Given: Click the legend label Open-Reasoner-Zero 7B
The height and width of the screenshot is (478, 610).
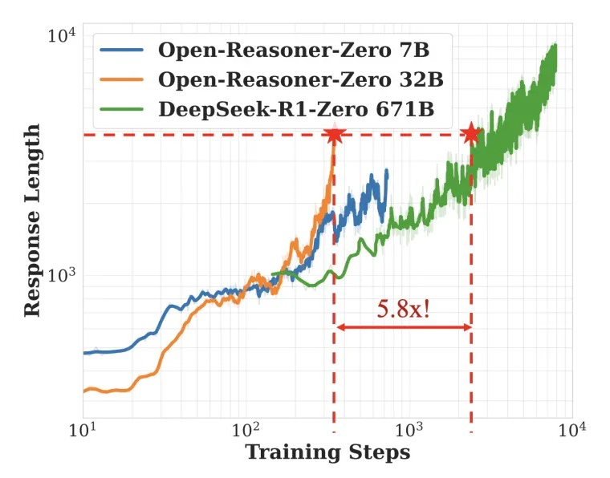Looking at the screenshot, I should tap(293, 50).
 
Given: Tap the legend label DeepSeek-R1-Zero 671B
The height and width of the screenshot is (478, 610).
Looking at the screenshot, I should tap(296, 109).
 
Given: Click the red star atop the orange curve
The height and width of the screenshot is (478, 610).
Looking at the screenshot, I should tap(333, 134).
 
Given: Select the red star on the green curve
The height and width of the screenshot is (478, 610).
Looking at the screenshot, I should tap(471, 134).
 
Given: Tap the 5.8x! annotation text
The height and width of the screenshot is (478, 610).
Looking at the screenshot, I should tap(403, 309).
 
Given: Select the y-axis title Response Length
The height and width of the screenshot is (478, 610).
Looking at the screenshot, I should tap(32, 220).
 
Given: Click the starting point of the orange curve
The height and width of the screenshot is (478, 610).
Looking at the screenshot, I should tap(83, 391).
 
